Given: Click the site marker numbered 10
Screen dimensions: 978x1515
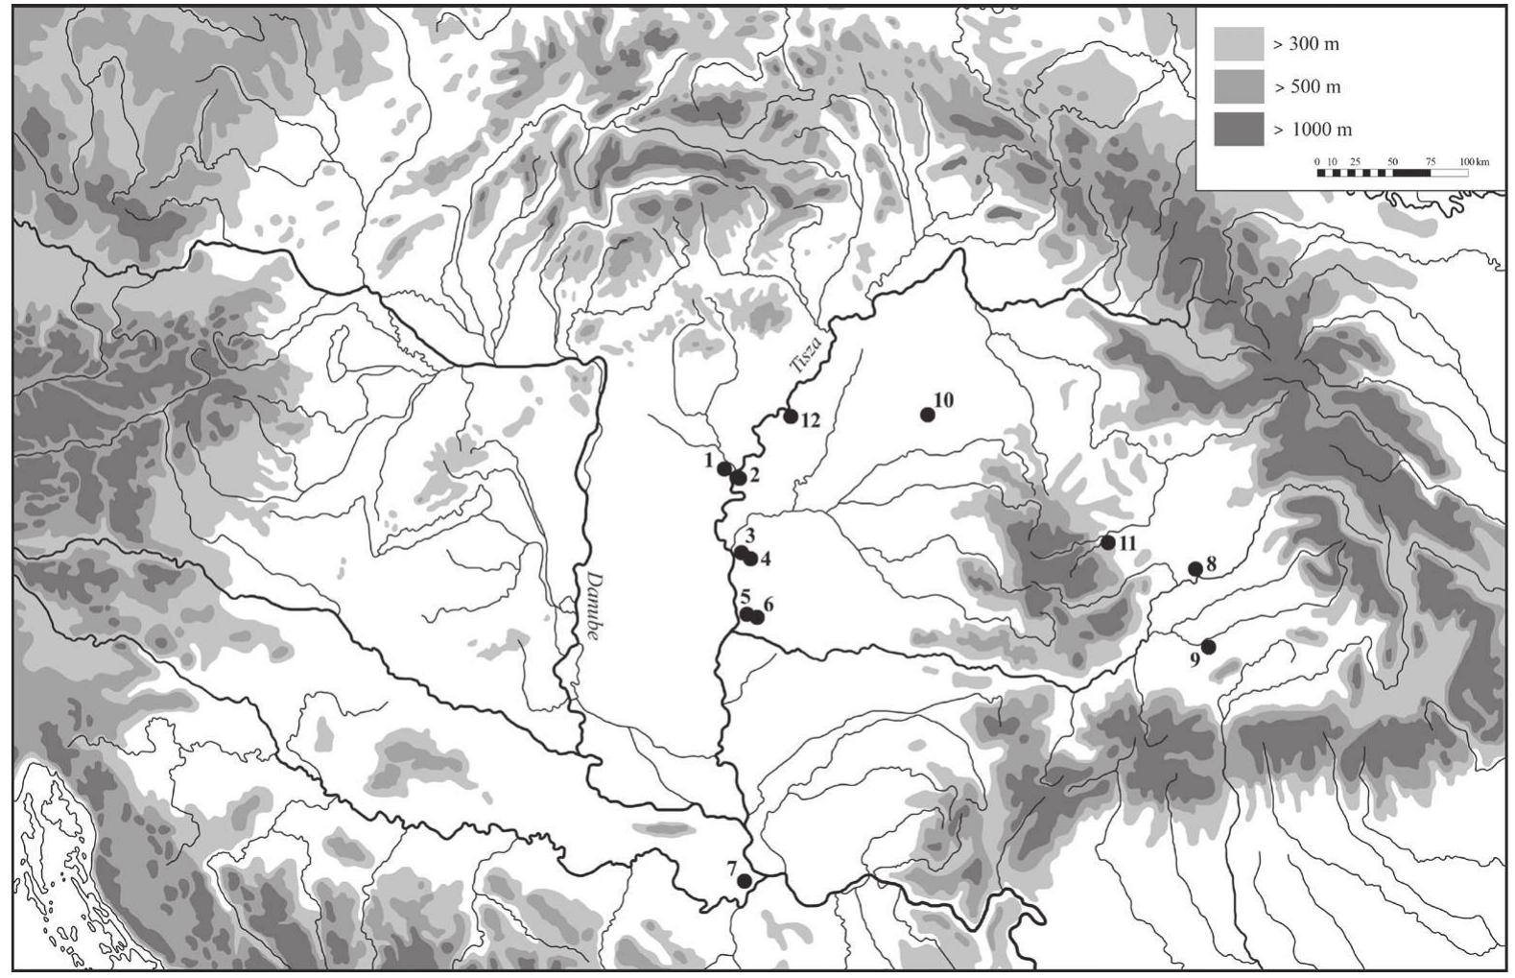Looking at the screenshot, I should [927, 415].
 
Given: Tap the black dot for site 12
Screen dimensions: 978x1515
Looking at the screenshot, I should [791, 416].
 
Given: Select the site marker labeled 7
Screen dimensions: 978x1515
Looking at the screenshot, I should [745, 881].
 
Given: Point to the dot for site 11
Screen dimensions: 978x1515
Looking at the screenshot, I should [1108, 542].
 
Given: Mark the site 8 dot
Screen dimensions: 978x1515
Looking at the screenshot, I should [1195, 569].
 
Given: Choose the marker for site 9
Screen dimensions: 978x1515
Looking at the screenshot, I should [1209, 647].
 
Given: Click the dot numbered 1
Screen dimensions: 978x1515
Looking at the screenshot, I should [724, 468].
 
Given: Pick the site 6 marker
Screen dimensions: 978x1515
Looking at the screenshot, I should [758, 617].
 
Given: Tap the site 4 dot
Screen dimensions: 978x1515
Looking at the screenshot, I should [750, 559].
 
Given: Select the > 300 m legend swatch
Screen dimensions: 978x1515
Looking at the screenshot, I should [1238, 44].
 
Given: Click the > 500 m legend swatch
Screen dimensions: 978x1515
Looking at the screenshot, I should [1238, 86].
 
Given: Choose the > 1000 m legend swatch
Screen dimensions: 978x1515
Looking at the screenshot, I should [1238, 130].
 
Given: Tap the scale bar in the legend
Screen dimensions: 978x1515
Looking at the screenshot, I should [1392, 174].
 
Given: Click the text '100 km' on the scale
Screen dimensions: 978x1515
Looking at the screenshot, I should [1475, 161].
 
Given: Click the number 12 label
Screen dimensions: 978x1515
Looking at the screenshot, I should [811, 420].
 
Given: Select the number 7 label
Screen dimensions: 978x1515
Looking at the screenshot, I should [732, 866].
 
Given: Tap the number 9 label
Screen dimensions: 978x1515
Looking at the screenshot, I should [1195, 658].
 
